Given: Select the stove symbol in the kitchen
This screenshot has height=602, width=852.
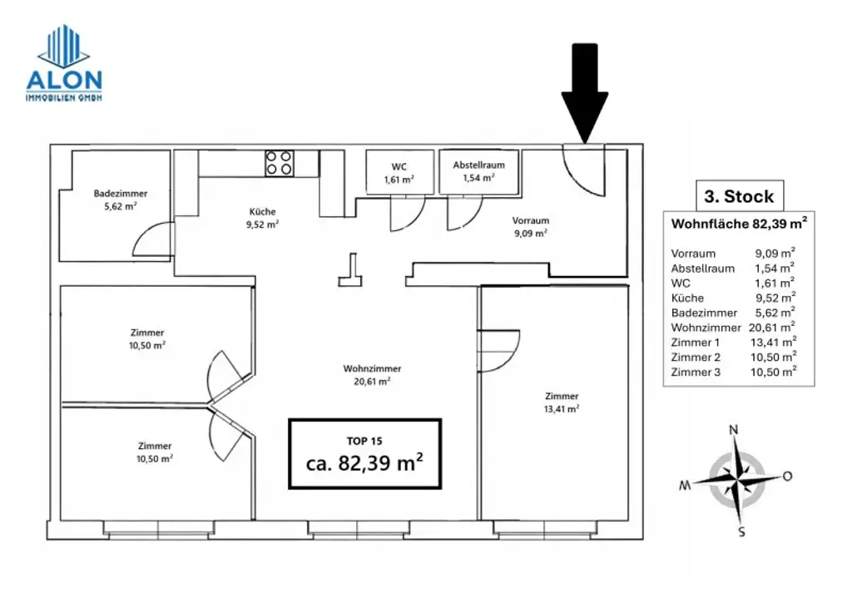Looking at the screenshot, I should click(279, 162).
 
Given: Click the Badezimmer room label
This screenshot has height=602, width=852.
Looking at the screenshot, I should click(115, 200).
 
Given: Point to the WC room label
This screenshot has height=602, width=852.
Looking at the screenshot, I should click(399, 172).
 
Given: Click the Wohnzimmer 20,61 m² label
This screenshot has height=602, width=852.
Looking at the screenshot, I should click(372, 374).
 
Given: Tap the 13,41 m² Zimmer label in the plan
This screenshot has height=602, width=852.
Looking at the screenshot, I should click(562, 402).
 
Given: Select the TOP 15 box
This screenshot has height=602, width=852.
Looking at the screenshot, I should click(364, 454).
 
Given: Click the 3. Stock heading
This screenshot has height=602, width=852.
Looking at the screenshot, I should click(739, 197).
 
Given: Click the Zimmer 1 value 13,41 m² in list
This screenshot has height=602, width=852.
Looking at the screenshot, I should click(773, 343).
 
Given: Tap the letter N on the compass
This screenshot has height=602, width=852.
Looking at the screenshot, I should click(734, 430).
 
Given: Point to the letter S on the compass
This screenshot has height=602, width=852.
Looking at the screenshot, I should click(741, 532).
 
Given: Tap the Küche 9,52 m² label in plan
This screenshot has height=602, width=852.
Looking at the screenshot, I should click(262, 217).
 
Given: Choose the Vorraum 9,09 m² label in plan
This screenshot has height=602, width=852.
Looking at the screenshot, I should click(530, 226).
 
